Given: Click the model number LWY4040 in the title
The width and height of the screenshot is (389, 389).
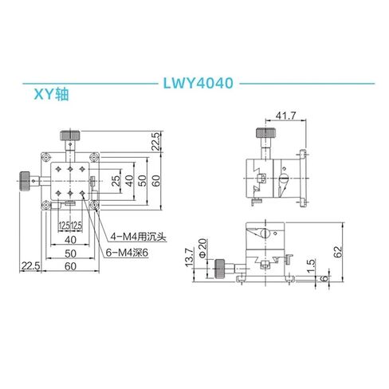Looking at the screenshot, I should click(194, 82).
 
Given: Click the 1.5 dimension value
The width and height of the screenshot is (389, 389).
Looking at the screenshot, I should click(312, 264).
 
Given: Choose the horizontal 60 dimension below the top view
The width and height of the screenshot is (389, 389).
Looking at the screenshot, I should click(71, 265).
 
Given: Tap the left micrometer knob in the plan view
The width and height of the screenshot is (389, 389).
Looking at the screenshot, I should click(26, 181).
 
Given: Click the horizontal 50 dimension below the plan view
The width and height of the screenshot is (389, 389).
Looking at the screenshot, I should click(71, 253).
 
